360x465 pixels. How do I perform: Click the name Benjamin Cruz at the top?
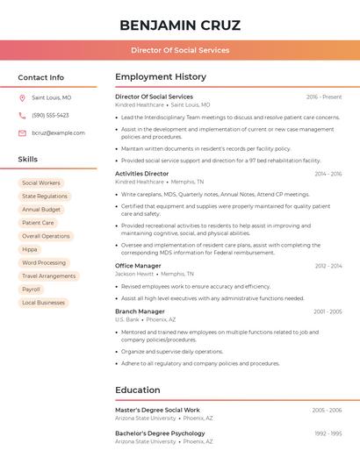click(x=180, y=25)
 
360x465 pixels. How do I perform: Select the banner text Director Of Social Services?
click(x=180, y=50)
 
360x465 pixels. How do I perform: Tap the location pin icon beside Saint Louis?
click(x=22, y=98)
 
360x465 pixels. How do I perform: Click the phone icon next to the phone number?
click(x=22, y=116)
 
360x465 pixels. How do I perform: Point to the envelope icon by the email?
click(x=22, y=133)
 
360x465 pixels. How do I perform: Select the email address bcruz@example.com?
click(x=58, y=133)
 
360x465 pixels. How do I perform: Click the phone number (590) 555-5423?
click(x=50, y=116)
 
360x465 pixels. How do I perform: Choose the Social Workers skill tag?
click(x=41, y=182)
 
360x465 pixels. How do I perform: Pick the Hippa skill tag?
click(x=30, y=249)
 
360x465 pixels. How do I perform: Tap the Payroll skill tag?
click(x=32, y=290)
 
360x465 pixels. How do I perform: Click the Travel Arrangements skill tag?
click(x=49, y=275)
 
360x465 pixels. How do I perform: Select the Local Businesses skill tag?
click(x=44, y=303)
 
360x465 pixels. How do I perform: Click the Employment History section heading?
click(x=161, y=77)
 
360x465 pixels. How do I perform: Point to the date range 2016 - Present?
click(x=324, y=97)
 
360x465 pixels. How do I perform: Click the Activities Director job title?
click(x=142, y=174)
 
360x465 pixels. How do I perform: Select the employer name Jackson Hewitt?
click(x=134, y=274)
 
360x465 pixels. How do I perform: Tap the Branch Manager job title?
click(x=140, y=311)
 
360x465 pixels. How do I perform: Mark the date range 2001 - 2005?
click(x=328, y=311)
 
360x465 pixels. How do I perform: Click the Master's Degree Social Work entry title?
click(x=158, y=410)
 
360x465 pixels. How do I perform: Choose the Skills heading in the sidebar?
click(x=28, y=160)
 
